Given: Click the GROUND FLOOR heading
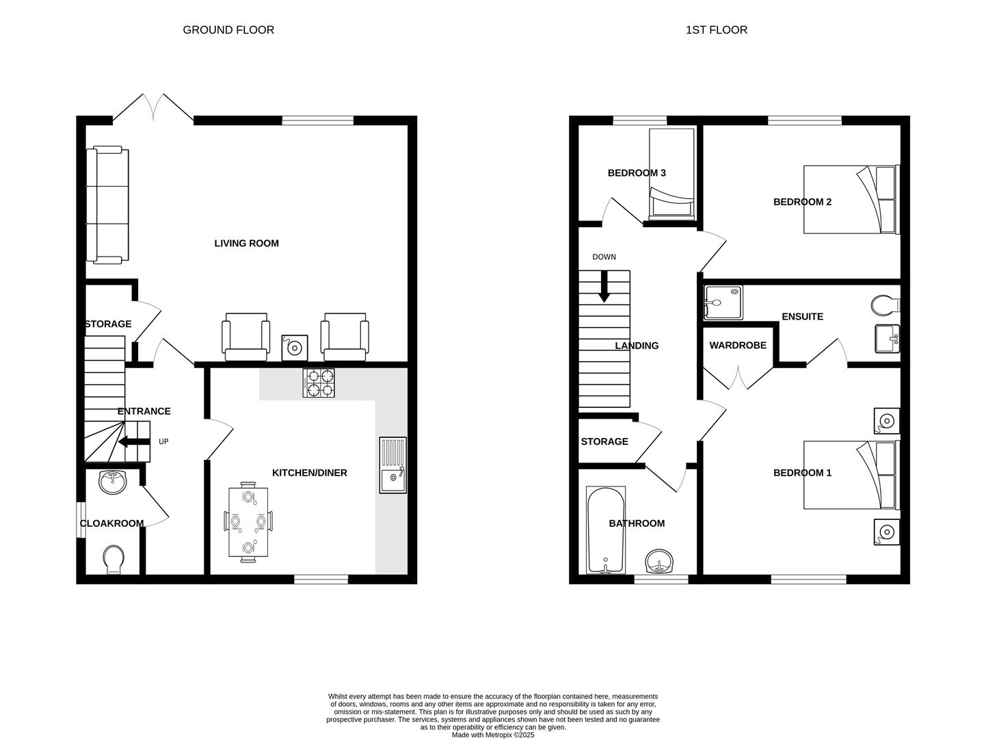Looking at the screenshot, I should pos(228,30).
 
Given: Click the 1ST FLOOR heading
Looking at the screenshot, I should pos(717,30).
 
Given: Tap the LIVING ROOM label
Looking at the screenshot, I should pos(246,244).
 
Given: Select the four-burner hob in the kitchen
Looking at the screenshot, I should pos(319,383).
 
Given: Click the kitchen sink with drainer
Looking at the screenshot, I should pos(392,465).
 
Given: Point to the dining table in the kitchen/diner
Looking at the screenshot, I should pos(248,522).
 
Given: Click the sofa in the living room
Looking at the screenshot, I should pos(107,205).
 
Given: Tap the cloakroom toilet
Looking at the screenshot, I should pos(113,559).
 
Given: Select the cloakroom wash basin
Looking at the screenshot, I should pos(112,482).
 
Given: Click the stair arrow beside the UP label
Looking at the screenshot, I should pos(134,442).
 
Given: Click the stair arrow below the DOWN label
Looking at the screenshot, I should pos(604,287).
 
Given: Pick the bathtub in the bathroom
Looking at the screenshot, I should pos(606,530).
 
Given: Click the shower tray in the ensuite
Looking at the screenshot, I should pos(723,302).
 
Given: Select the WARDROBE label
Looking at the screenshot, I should pos(738,346).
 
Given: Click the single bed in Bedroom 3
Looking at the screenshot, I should pos(671,174).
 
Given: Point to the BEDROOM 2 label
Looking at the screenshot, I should pos(802,202).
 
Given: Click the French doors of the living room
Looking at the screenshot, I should pos(154,109).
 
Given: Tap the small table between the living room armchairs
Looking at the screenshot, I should pos(295,348).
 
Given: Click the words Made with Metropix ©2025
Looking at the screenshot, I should pos(493,735).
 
